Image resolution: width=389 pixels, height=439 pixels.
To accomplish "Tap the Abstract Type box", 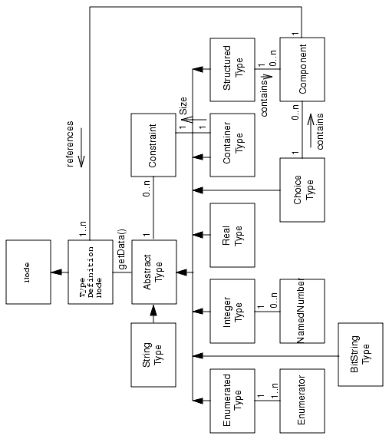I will pos(154,271).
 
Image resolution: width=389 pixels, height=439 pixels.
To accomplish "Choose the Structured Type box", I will pos(232,69).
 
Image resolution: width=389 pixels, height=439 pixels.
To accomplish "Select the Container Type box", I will pos(232,144).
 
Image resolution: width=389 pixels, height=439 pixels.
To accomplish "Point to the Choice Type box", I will pos(302,189).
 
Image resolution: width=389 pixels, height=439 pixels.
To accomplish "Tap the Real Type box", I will pos(232,234).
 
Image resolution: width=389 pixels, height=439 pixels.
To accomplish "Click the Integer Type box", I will pos(232,310).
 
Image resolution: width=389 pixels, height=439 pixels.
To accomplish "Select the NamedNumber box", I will pos(302,310).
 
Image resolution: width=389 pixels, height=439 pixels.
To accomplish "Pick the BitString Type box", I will pos(360,355).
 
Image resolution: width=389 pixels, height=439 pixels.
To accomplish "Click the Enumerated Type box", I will pos(232,400).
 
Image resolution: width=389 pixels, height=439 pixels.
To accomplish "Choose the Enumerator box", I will pos(302,400).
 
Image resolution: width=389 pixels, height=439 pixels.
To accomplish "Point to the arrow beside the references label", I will pos(83,155).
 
